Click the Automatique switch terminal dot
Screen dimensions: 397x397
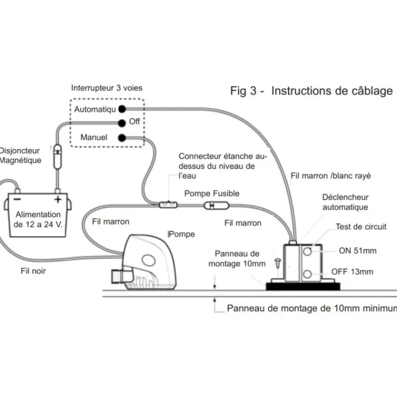(x=122, y=109)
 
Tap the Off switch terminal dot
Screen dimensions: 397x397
(x=122, y=123)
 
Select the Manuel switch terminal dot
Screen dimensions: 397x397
(x=122, y=138)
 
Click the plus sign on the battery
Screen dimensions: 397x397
(x=58, y=199)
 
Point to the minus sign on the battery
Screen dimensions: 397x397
(x=17, y=199)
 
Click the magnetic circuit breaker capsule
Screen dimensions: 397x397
(x=58, y=156)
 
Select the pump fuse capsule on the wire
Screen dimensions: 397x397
(x=216, y=205)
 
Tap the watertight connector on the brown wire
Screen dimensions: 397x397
(x=168, y=204)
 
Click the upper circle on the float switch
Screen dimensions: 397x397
(x=307, y=252)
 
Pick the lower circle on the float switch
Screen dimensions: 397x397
(x=307, y=274)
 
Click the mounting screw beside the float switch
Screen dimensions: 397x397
(x=278, y=263)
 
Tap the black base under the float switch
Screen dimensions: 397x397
(x=303, y=286)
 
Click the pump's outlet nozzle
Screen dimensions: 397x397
(x=117, y=276)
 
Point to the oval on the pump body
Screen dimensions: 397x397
(x=148, y=260)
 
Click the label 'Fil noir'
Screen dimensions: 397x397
(x=33, y=271)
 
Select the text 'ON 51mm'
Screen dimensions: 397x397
(x=357, y=251)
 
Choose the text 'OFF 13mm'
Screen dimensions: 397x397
(x=352, y=271)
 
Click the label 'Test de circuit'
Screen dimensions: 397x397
(x=361, y=227)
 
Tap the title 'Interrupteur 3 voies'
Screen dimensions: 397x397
(x=107, y=88)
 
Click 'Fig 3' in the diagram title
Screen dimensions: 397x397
(x=243, y=91)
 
